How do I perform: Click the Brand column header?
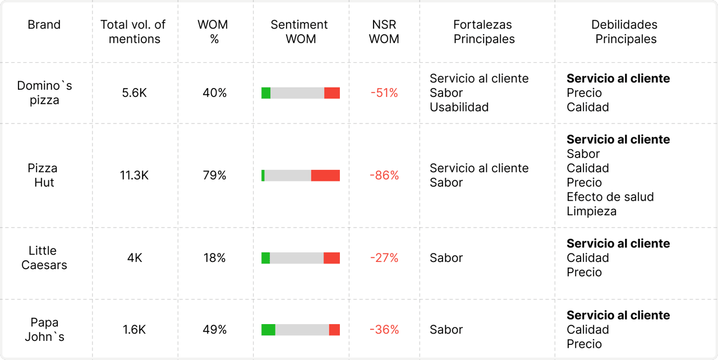[x=44, y=25]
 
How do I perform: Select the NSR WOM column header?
[x=384, y=32]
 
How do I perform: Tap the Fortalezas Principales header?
[x=484, y=32]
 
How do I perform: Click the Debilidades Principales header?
[x=625, y=32]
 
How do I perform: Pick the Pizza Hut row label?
[x=43, y=176]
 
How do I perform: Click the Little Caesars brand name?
[x=44, y=258]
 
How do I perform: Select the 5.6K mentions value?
[x=134, y=93]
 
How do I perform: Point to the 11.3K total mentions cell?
[x=134, y=176]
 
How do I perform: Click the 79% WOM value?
[x=214, y=176]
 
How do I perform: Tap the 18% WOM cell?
[x=214, y=258]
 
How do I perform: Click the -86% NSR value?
[x=384, y=176]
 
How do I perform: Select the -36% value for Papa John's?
[x=384, y=330]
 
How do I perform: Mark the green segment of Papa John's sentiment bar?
[x=268, y=330]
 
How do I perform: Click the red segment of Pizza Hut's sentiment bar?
[x=325, y=176]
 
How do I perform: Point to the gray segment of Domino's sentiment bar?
[x=297, y=93]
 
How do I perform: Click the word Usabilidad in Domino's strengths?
[x=459, y=107]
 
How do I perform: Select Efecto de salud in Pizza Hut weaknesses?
[x=610, y=197]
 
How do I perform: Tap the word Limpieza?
[x=591, y=211]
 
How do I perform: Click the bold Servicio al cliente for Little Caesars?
[x=618, y=243]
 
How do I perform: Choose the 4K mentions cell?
[x=134, y=258]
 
